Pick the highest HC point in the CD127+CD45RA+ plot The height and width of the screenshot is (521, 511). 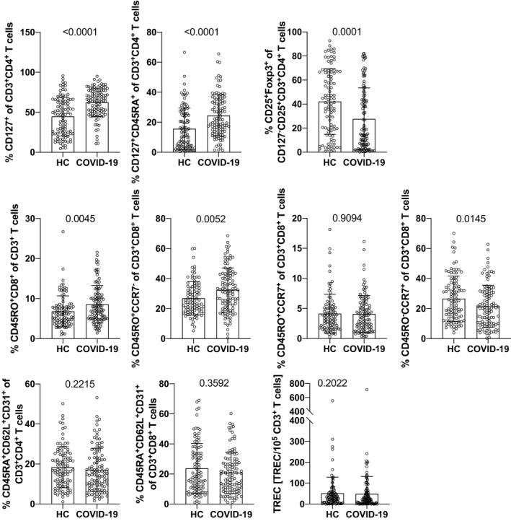click(185, 52)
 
